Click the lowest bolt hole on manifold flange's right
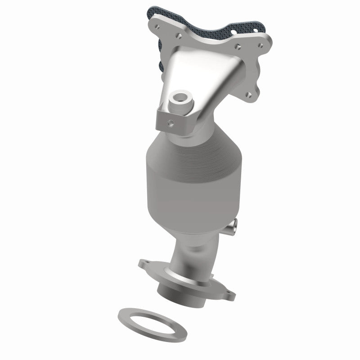pyautogui.click(x=248, y=95)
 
